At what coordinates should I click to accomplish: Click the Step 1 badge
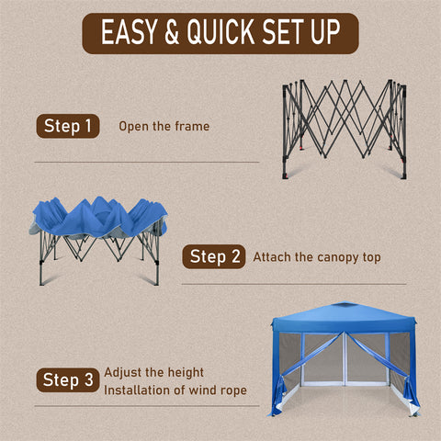click(x=68, y=126)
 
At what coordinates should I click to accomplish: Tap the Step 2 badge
click(x=214, y=256)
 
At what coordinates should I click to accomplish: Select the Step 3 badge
click(x=68, y=380)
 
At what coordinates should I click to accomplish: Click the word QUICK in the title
click(x=220, y=31)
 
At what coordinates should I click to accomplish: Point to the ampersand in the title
click(x=172, y=32)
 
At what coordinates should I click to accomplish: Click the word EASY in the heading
click(x=130, y=32)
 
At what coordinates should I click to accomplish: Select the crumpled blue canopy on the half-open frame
click(x=98, y=217)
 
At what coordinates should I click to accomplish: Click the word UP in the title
click(x=325, y=31)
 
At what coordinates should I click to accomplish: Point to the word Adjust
click(x=123, y=373)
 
